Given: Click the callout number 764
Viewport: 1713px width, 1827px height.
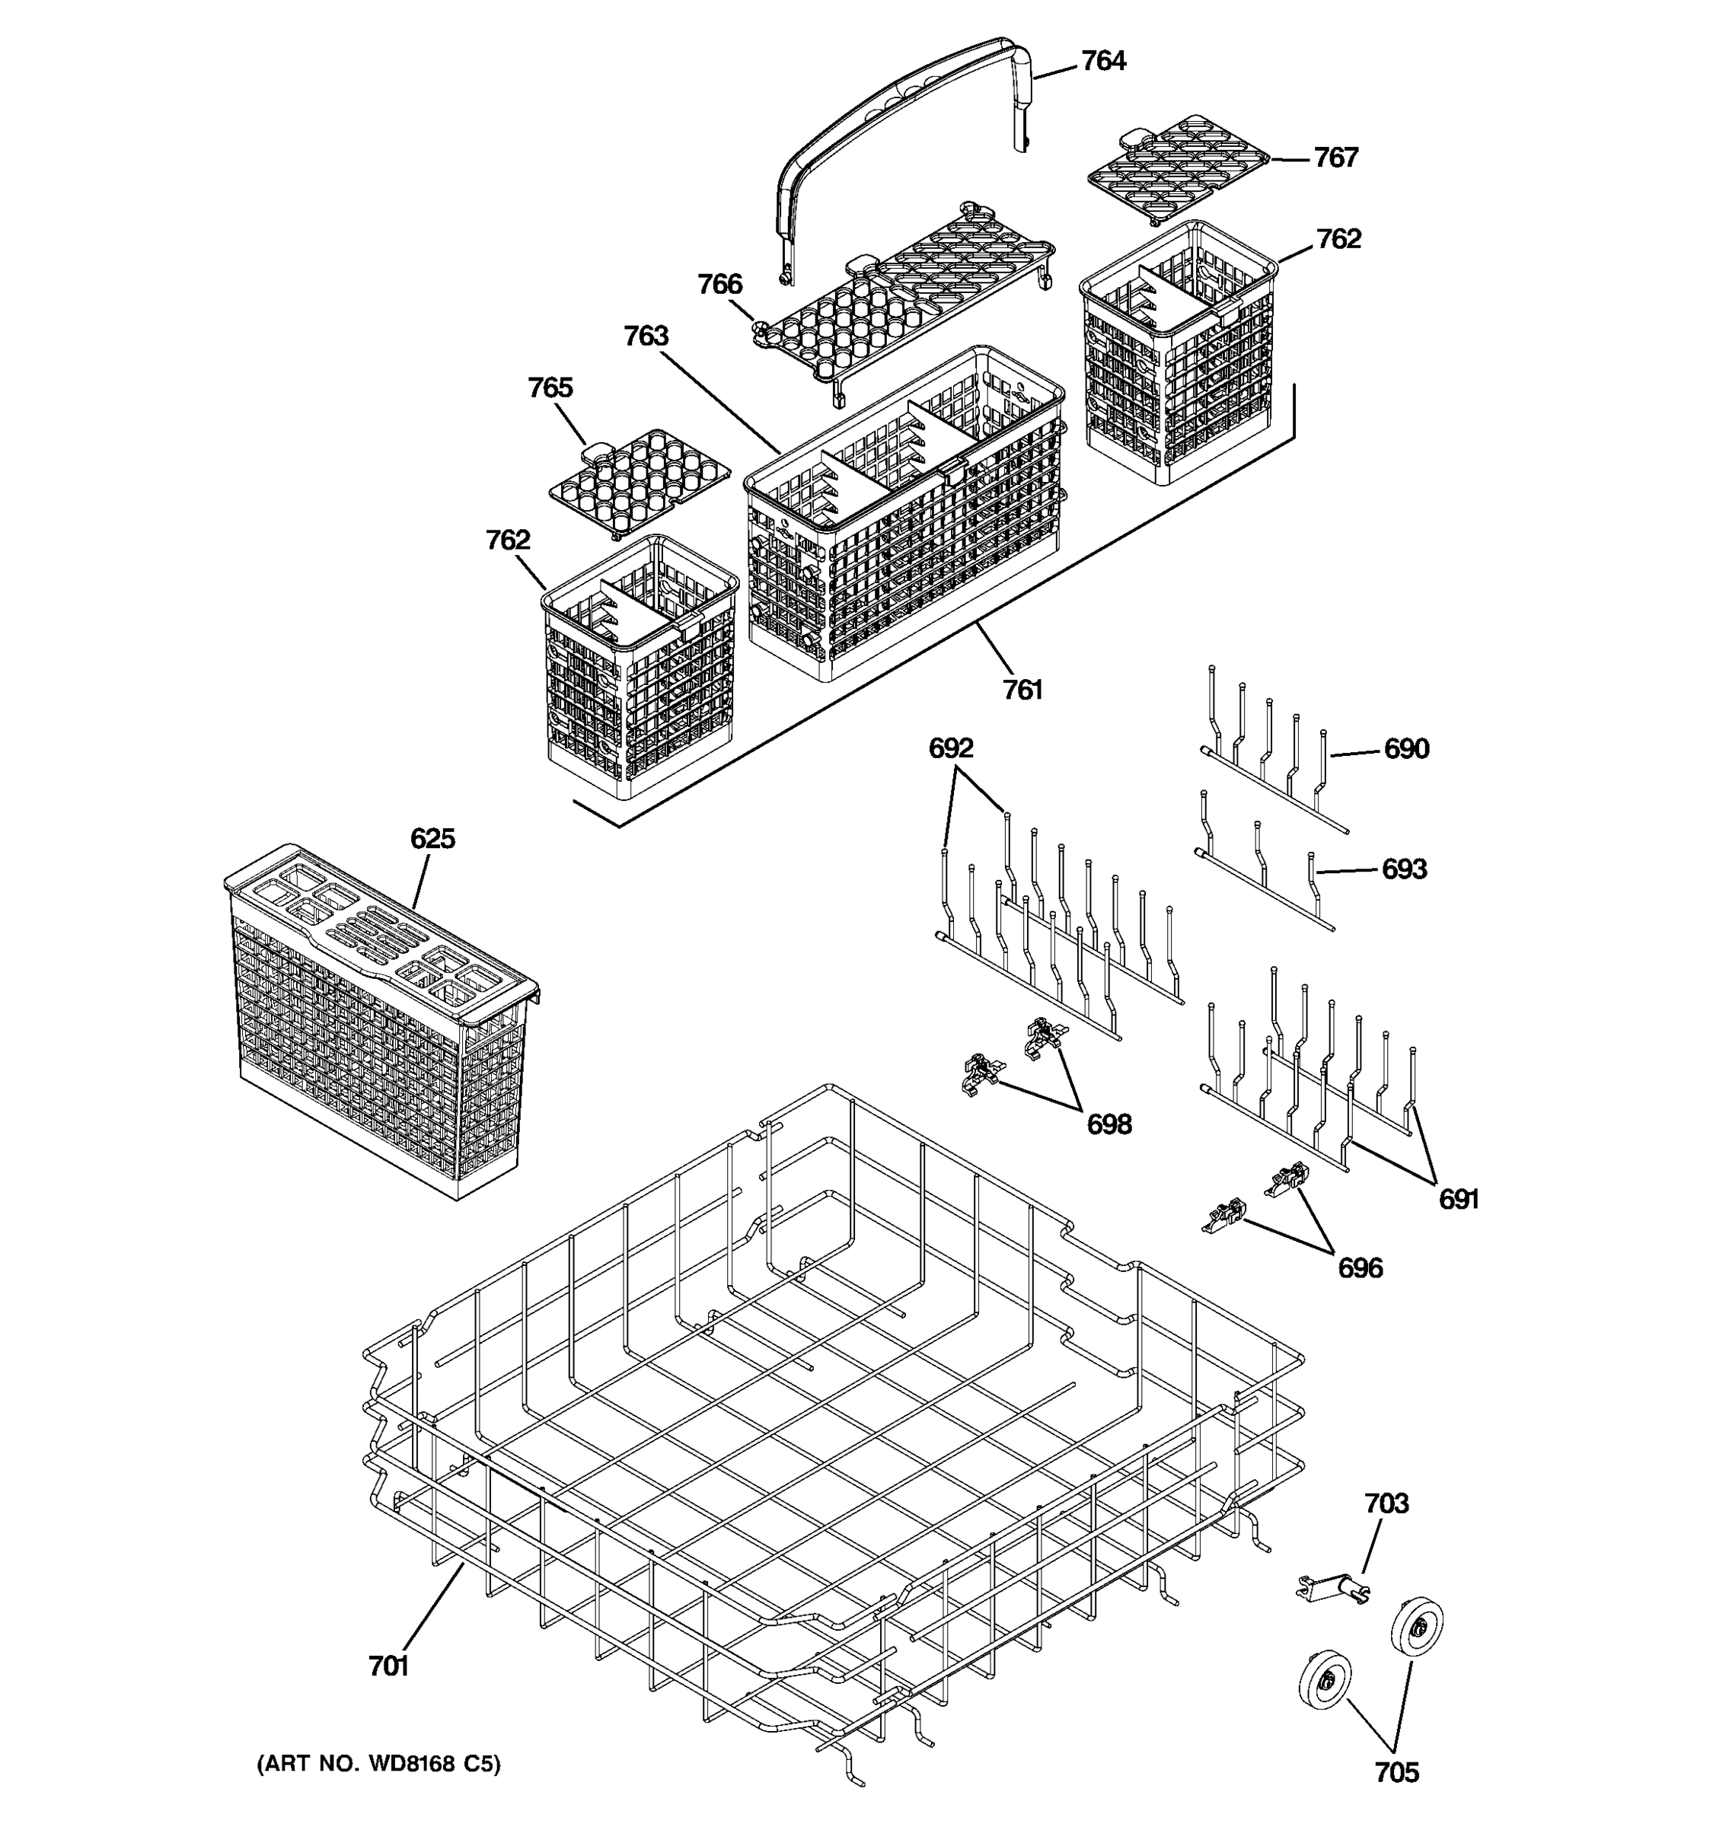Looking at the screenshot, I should click(1102, 61).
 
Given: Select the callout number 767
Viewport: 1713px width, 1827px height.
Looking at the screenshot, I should click(1335, 158).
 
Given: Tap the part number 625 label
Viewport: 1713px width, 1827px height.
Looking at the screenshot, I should click(432, 838).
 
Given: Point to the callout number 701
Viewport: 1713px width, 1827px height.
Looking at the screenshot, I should click(388, 1666).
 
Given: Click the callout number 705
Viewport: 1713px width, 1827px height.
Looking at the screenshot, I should click(1396, 1772).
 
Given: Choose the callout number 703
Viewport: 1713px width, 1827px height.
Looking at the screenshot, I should click(1386, 1503).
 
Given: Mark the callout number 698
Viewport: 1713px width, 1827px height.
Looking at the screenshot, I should click(1109, 1124).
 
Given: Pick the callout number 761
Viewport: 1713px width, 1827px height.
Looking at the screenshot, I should click(1022, 689).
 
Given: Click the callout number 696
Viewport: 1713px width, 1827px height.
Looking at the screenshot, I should click(1359, 1268).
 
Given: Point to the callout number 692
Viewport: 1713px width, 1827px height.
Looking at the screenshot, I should click(950, 748).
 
